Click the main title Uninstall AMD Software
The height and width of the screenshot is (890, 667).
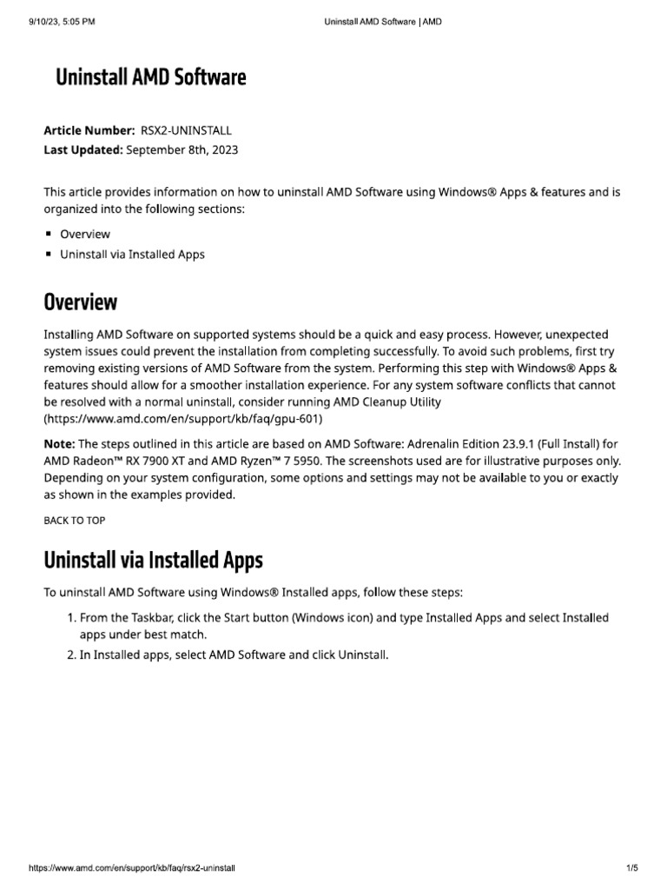(151, 77)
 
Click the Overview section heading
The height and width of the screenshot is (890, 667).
(80, 302)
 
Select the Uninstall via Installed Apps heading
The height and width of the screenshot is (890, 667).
(153, 560)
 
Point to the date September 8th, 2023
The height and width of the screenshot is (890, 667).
(182, 149)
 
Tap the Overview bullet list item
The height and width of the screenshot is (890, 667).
(84, 234)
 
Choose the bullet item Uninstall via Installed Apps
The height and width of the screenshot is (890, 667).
(132, 255)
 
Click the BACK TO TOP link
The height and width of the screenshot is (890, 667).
(74, 521)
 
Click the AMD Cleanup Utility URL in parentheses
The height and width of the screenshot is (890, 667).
(183, 419)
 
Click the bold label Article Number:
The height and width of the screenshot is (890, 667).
(89, 130)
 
